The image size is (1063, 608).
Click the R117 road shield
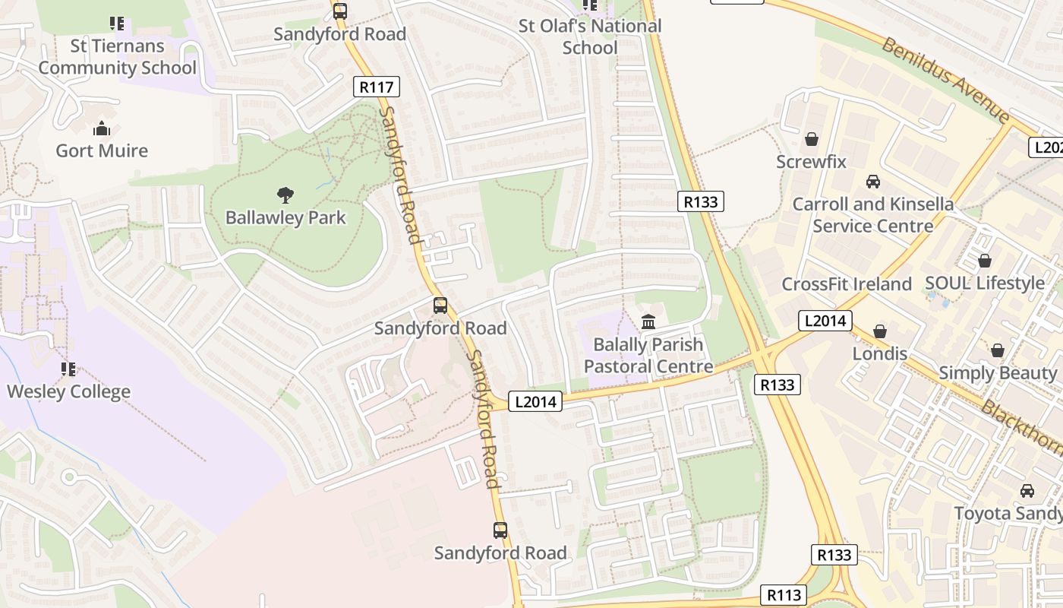tap(377, 87)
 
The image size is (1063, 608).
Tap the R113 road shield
tap(783, 595)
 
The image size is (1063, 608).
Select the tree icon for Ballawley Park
tap(285, 195)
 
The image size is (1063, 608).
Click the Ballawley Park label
tap(285, 218)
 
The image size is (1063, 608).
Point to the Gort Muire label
tap(102, 150)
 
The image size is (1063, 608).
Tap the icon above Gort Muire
tap(102, 128)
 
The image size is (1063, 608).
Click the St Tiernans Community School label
tap(117, 57)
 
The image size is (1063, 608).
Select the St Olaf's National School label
tap(590, 36)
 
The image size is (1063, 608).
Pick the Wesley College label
tap(68, 392)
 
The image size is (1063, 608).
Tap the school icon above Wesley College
tap(68, 369)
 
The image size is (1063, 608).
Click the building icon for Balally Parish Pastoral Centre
tap(648, 322)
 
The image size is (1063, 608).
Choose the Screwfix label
tap(811, 162)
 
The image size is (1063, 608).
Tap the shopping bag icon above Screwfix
tap(812, 140)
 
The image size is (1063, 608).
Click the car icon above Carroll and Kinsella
tap(873, 182)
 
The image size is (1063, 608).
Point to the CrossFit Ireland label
tap(847, 284)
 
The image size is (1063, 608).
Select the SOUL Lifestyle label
tap(985, 283)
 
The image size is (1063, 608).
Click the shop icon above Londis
tap(880, 332)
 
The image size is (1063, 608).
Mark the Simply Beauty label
tap(998, 373)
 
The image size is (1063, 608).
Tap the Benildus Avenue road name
tap(945, 79)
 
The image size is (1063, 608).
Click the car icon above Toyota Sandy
tap(1027, 491)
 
